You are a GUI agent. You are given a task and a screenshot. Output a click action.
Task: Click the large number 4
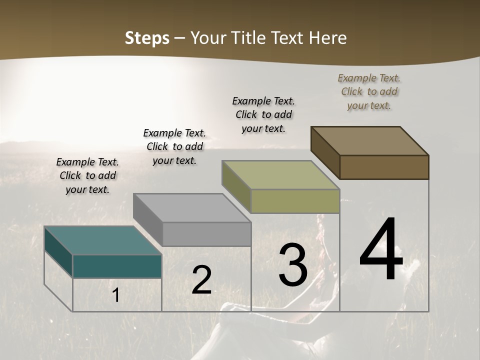pos(381,249)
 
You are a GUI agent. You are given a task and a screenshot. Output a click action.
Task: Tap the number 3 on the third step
pos(292,265)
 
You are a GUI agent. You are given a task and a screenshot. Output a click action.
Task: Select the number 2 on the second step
pos(201,280)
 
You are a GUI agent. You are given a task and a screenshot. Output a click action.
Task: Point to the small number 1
pos(116,295)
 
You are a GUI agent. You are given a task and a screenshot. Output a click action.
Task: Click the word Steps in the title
pos(147,38)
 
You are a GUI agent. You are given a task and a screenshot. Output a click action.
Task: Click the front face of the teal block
pos(117,266)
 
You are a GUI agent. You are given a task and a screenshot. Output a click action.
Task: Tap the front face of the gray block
pos(206,234)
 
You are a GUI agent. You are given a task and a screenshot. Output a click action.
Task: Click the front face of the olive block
pos(295,201)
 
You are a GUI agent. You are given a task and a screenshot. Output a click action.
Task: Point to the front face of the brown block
pos(384,167)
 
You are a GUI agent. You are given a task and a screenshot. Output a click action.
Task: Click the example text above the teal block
pos(87,175)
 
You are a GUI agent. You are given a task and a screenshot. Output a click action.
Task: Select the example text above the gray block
pos(174,146)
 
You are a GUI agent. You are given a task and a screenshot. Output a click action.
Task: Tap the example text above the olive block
pos(263,114)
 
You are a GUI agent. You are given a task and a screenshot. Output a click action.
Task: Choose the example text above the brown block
pos(369,91)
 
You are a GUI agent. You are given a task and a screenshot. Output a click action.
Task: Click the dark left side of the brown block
pos(325,153)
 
